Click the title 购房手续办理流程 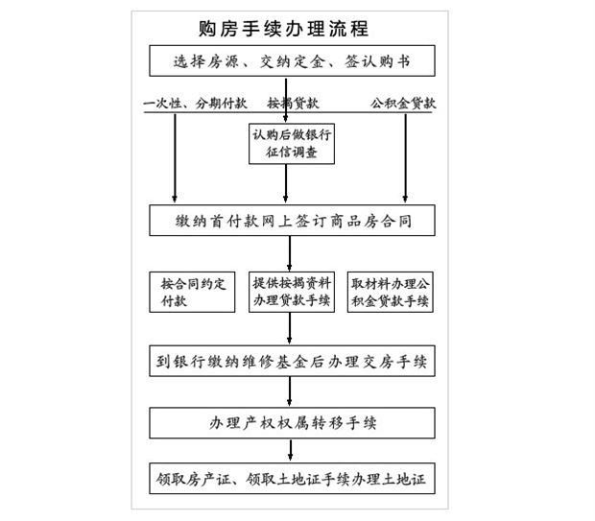(x=283, y=29)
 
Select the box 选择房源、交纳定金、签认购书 (x=292, y=60)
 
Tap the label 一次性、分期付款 (x=195, y=104)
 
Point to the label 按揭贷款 (x=293, y=103)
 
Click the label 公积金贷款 (x=403, y=104)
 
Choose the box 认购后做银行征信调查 (x=292, y=144)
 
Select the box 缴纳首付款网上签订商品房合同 (x=292, y=221)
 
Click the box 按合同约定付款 (x=192, y=293)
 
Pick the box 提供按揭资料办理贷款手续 (x=292, y=293)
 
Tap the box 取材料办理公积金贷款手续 (x=390, y=293)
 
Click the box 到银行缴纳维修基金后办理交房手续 (x=292, y=361)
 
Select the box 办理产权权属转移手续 (x=292, y=423)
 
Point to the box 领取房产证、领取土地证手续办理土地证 (x=292, y=479)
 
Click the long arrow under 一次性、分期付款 (x=175, y=158)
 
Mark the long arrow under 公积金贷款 (x=405, y=158)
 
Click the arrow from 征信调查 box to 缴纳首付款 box (x=285, y=183)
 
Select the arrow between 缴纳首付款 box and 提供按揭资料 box (x=290, y=253)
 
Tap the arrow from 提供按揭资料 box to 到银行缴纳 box (x=290, y=328)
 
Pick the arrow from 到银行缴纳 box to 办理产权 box (x=290, y=391)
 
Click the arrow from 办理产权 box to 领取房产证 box (x=290, y=450)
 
